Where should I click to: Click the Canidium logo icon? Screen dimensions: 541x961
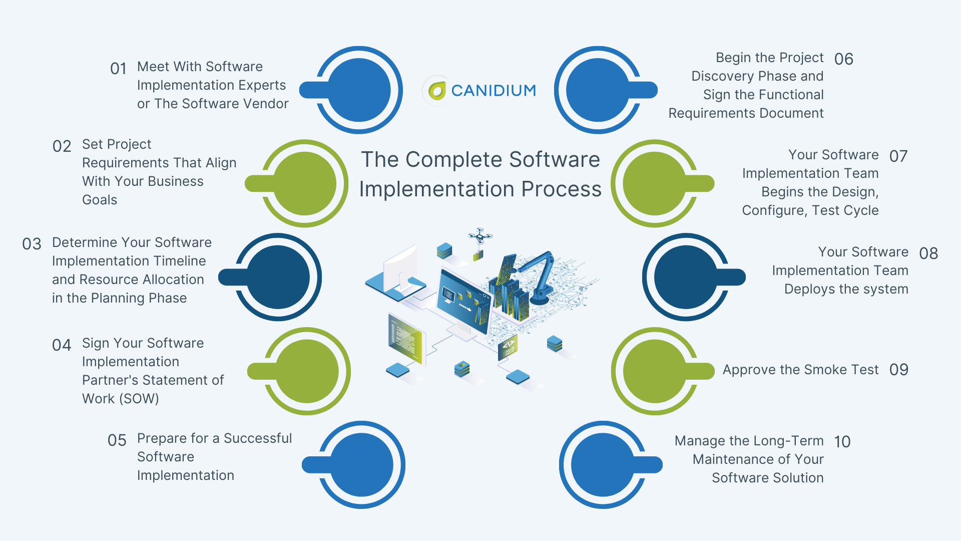(437, 91)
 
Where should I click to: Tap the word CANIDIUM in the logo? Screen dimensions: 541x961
(494, 91)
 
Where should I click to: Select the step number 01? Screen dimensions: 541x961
(119, 69)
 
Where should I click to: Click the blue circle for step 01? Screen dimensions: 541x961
(359, 90)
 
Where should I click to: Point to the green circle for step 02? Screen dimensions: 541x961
(305, 183)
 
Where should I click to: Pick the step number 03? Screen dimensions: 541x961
(32, 244)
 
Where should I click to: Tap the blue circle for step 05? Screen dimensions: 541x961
(361, 465)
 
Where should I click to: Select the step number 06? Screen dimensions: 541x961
(843, 59)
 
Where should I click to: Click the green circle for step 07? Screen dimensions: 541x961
(654, 183)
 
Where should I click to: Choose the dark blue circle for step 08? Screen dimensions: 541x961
(686, 277)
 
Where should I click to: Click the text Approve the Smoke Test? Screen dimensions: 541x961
(800, 370)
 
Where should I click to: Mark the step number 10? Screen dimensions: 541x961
(842, 442)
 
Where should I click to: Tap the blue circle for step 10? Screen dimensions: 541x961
(603, 465)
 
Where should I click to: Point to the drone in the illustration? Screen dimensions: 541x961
(479, 236)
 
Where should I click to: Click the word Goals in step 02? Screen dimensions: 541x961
(100, 200)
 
